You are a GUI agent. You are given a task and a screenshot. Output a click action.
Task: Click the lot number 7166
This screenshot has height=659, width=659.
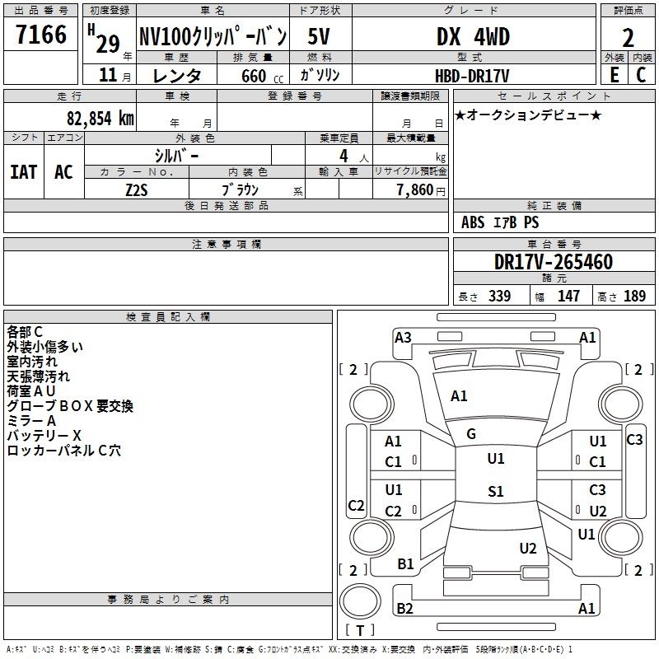pos(41,35)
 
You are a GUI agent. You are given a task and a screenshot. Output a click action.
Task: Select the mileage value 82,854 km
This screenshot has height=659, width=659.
pos(100,119)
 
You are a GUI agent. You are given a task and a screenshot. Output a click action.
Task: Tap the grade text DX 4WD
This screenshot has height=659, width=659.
pos(473,36)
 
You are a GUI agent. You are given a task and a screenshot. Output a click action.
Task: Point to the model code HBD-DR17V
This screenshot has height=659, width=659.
pos(472,76)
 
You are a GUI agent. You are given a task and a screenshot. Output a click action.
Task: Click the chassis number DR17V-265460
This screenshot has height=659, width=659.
pos(554,262)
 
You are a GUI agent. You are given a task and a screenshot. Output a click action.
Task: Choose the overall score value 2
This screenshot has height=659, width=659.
pos(628,38)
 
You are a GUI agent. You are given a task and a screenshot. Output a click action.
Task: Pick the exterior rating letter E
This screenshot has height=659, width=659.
pos(614,75)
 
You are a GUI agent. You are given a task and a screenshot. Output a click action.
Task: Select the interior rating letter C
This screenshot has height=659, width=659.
pos(641,75)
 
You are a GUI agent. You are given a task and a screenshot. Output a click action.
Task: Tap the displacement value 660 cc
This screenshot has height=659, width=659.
pos(262,77)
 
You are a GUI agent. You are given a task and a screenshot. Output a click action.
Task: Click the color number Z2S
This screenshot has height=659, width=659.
pos(137,190)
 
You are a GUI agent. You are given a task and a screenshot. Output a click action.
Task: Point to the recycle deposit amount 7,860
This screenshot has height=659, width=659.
pos(415,190)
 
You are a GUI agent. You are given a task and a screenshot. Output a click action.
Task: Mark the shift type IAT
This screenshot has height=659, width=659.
pos(24,172)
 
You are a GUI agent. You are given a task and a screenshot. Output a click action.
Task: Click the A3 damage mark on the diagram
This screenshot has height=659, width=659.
pos(403,338)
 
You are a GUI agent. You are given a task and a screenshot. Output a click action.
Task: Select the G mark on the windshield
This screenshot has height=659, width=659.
pos(471,434)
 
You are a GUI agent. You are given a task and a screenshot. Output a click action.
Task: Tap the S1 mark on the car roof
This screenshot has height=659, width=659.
pos(496,491)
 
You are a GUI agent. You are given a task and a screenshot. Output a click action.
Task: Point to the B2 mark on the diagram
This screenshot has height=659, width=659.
pos(404,608)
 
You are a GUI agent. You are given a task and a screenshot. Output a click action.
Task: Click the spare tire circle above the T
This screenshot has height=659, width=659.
pos(360,601)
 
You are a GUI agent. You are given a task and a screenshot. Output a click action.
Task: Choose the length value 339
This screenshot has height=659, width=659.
pos(499,296)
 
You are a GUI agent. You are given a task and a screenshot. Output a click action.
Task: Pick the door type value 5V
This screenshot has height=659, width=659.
pos(319,36)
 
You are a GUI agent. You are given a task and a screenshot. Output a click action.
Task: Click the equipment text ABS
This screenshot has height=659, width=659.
pos(473,222)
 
